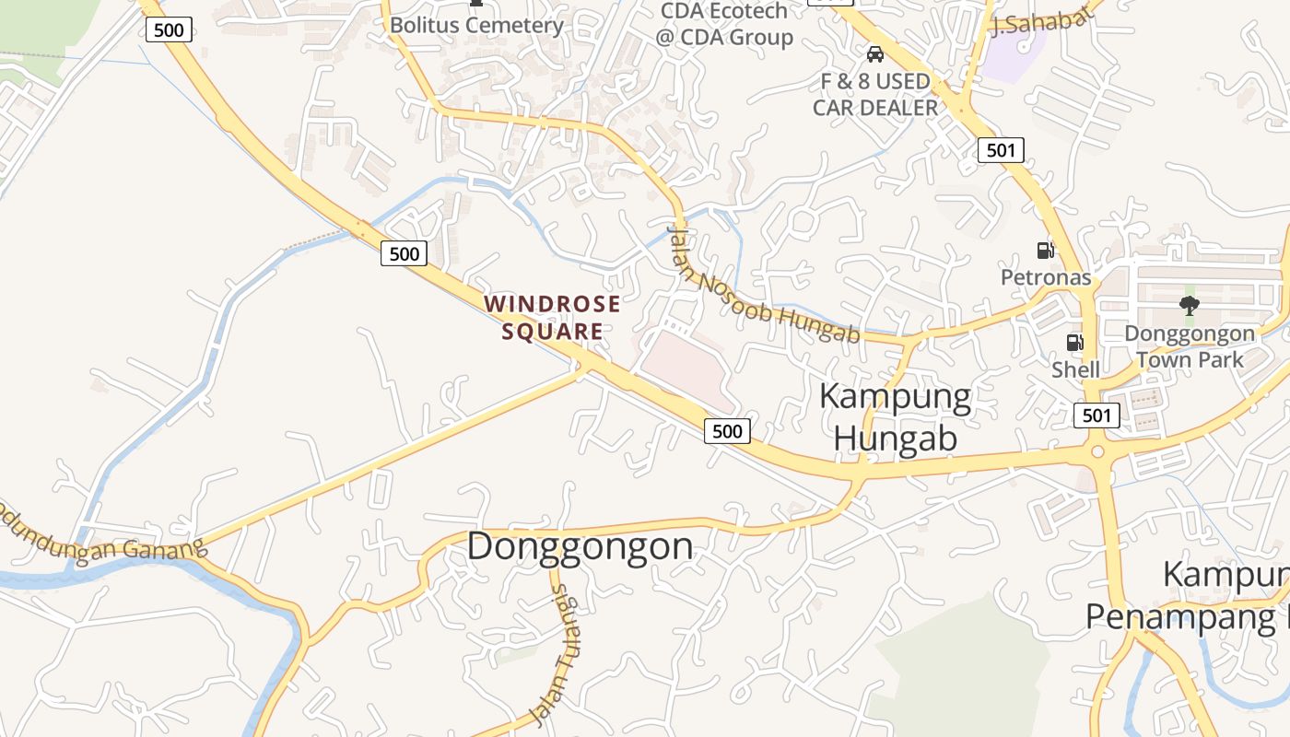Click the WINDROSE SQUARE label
click(x=552, y=317)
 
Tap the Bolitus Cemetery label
click(x=475, y=25)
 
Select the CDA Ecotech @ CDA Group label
click(x=724, y=25)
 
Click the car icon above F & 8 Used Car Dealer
click(x=875, y=54)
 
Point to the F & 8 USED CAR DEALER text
click(x=875, y=95)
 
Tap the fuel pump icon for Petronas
click(x=1046, y=250)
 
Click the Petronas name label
click(x=1046, y=277)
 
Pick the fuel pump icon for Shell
click(x=1074, y=343)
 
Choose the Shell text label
click(x=1075, y=369)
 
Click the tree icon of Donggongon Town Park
click(x=1190, y=306)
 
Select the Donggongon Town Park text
click(x=1190, y=346)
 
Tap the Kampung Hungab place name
click(x=895, y=417)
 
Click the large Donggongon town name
click(x=580, y=546)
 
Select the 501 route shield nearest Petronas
click(x=1001, y=149)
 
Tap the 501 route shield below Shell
click(x=1096, y=415)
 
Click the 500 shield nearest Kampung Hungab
click(x=727, y=430)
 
